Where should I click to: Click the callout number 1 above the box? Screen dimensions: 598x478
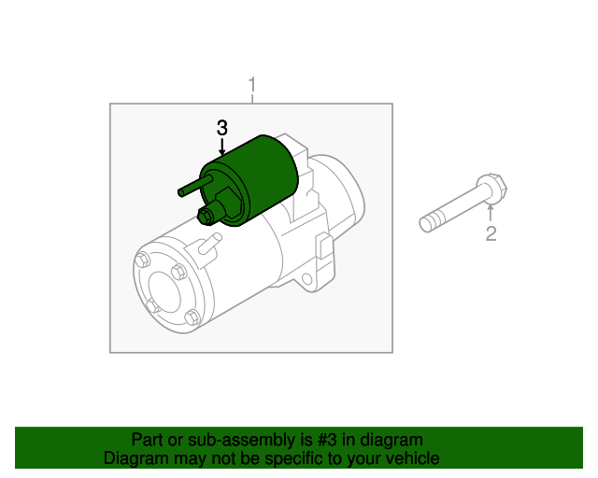pyautogui.click(x=252, y=85)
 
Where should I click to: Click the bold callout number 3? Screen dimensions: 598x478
pyautogui.click(x=222, y=128)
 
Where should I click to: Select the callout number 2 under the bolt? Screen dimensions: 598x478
pyautogui.click(x=491, y=233)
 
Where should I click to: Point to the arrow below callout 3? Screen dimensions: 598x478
pyautogui.click(x=222, y=148)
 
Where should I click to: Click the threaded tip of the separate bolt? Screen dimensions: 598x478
pyautogui.click(x=426, y=224)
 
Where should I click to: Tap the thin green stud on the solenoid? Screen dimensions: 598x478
pyautogui.click(x=195, y=186)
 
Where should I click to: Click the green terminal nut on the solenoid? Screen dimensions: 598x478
pyautogui.click(x=206, y=217)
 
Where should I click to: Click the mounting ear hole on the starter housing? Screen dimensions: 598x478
pyautogui.click(x=307, y=280)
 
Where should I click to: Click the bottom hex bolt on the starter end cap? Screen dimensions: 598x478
pyautogui.click(x=192, y=317)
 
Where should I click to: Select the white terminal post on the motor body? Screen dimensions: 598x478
pyautogui.click(x=209, y=243)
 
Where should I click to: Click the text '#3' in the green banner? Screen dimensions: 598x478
pyautogui.click(x=327, y=440)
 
